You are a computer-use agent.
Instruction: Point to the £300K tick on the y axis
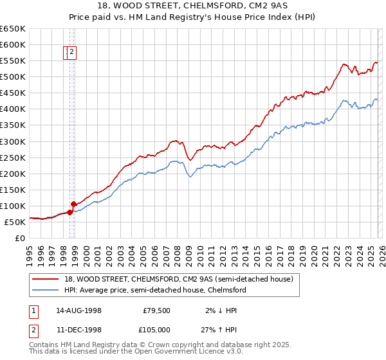(12, 141)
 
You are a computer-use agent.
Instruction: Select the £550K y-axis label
(12, 61)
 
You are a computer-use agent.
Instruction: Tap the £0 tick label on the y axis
(19, 238)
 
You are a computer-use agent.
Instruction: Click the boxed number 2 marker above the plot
(72, 53)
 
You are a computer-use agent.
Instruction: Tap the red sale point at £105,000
(73, 204)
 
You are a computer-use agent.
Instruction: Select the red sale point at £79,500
(69, 212)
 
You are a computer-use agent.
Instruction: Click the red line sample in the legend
(46, 279)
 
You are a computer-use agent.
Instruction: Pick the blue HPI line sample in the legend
(46, 290)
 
